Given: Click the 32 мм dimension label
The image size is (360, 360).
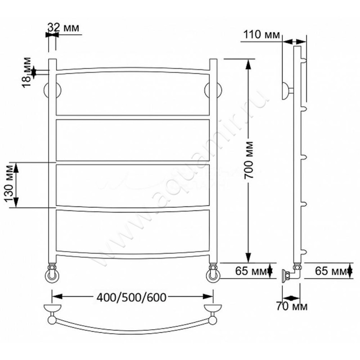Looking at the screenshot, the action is [63, 27].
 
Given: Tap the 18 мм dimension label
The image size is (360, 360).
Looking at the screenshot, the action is [27, 72].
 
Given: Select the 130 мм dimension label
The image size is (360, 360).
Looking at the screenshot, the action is [9, 183].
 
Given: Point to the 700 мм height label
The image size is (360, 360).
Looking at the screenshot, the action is [248, 160].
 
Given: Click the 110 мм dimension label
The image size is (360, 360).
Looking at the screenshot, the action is [261, 35].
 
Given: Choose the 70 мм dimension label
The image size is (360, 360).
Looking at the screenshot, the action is [292, 306].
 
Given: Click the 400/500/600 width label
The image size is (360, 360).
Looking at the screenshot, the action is [131, 297].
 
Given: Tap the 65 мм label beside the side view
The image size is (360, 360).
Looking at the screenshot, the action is [331, 271].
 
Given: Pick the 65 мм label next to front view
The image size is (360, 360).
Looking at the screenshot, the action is [251, 271].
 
